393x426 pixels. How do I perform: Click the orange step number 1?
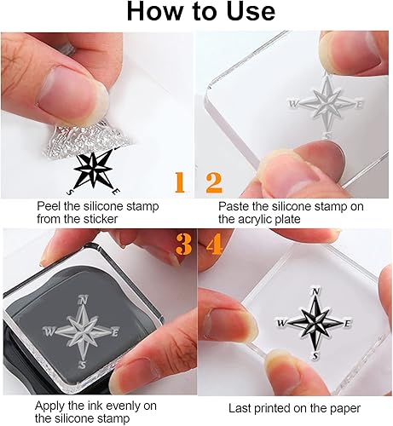[180, 182]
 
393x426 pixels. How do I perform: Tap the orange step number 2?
[214, 182]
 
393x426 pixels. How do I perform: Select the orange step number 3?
[184, 245]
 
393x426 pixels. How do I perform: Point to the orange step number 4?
[214, 245]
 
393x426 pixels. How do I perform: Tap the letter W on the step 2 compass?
[292, 104]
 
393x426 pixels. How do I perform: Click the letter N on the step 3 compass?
[83, 300]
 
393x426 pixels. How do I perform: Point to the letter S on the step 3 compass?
[83, 365]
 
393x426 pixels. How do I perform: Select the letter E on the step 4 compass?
[347, 324]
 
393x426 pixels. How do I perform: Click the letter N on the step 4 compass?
[315, 291]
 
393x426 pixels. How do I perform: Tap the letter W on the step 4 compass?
[281, 323]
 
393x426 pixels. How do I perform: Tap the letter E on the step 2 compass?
[359, 105]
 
